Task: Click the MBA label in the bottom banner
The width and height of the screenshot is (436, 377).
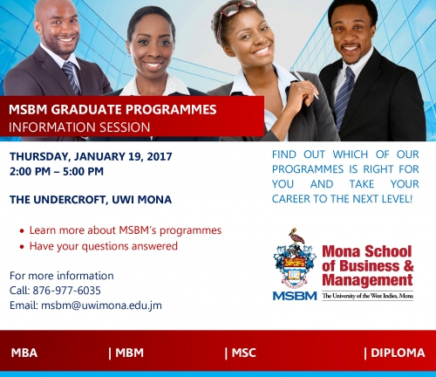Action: pyautogui.click(x=24, y=353)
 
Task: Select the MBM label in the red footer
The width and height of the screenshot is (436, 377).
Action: pyautogui.click(x=129, y=353)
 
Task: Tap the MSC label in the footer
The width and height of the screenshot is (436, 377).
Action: pyautogui.click(x=243, y=353)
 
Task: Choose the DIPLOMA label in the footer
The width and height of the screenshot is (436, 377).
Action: pyautogui.click(x=398, y=353)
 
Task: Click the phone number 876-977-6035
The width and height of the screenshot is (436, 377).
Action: pyautogui.click(x=66, y=291)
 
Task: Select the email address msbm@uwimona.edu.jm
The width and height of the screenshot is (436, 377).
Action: pyautogui.click(x=101, y=305)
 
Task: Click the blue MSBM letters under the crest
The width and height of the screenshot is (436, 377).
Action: pyautogui.click(x=295, y=296)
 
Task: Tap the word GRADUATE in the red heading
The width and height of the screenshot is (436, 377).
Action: pyautogui.click(x=86, y=110)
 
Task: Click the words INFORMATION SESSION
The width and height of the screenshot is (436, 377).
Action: pyautogui.click(x=79, y=127)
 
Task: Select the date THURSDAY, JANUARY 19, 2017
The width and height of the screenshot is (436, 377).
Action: pyautogui.click(x=91, y=156)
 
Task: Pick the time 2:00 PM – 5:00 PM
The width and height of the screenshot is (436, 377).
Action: pyautogui.click(x=57, y=171)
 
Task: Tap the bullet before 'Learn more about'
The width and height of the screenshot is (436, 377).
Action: pyautogui.click(x=22, y=231)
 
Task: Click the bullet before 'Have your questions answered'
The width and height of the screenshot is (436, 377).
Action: pyautogui.click(x=22, y=247)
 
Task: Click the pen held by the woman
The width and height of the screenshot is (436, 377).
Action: pyautogui.click(x=307, y=85)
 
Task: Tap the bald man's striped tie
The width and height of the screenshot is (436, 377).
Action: pyautogui.click(x=72, y=77)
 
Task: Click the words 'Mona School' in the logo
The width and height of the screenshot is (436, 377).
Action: pyautogui.click(x=367, y=251)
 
